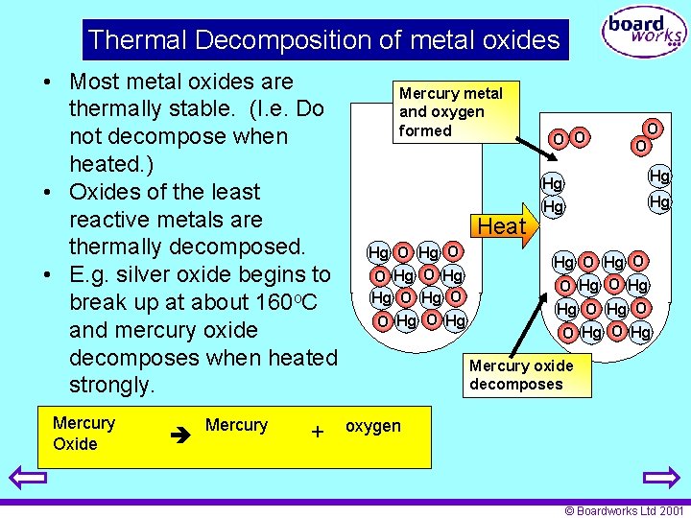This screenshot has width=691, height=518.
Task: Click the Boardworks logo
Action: [x=644, y=32]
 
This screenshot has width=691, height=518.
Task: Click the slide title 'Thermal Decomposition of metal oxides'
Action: [x=324, y=40]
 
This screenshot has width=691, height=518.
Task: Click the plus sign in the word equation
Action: [x=317, y=433]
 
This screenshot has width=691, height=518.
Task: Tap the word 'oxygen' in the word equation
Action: [x=373, y=426]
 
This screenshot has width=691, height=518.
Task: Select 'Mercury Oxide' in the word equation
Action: [x=83, y=433]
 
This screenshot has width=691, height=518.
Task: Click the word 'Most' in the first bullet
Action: [x=97, y=82]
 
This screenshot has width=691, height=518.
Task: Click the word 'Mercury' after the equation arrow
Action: [x=236, y=425]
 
